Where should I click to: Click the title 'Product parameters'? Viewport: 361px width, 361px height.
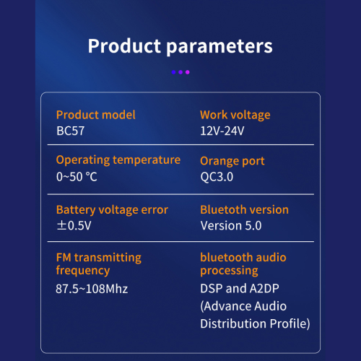click(x=180, y=46)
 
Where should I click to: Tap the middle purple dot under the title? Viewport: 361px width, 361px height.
click(x=180, y=72)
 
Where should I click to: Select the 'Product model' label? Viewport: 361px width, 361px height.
click(x=96, y=115)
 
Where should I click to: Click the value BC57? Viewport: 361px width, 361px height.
click(x=70, y=131)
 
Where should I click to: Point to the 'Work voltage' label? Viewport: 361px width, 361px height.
click(x=235, y=115)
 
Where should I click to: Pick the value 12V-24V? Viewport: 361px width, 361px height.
click(x=222, y=131)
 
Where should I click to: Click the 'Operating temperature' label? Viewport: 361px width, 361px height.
click(x=118, y=160)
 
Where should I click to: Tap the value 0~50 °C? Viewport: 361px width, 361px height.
click(x=77, y=177)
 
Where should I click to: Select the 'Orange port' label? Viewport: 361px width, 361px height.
click(x=232, y=161)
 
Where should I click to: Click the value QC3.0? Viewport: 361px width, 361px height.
click(x=217, y=177)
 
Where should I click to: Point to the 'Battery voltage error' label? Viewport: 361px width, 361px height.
click(x=112, y=210)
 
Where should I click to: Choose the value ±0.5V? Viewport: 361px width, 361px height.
click(x=74, y=225)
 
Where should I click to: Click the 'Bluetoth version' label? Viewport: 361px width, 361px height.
click(x=244, y=209)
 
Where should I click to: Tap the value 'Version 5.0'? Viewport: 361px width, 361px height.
click(x=231, y=226)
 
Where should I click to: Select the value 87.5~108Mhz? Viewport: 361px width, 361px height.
click(x=92, y=289)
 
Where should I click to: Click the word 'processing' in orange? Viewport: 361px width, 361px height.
click(x=229, y=271)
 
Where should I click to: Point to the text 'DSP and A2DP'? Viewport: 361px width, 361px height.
click(x=240, y=288)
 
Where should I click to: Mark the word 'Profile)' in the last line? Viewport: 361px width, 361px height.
click(x=290, y=323)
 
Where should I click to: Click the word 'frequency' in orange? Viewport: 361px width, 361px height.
click(x=83, y=270)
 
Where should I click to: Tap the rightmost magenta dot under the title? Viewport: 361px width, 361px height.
click(x=188, y=72)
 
